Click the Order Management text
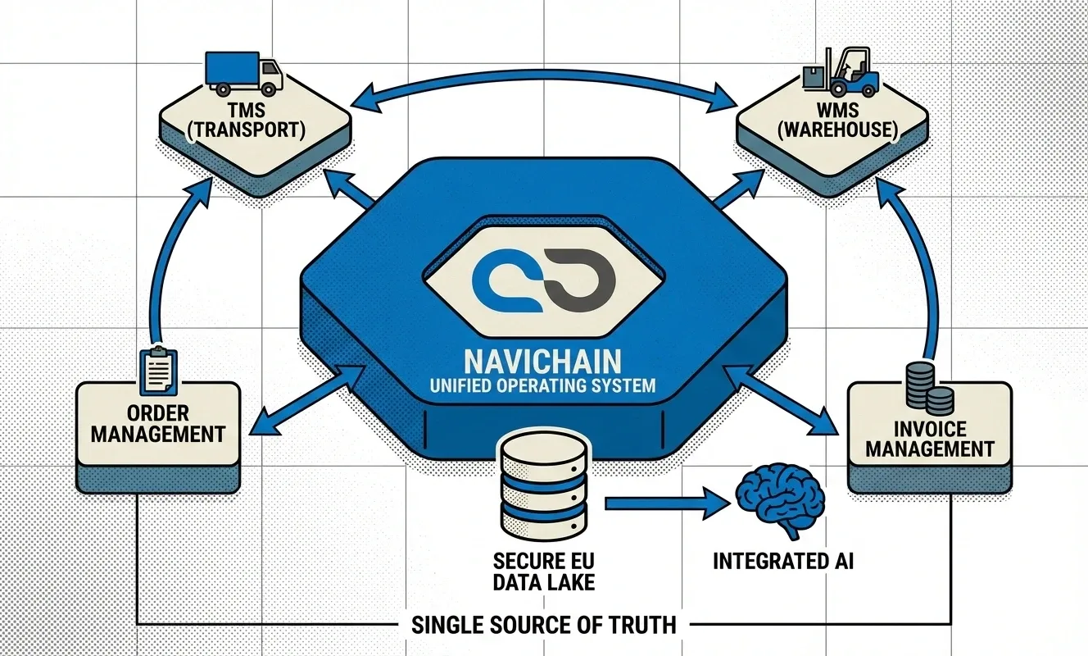point(158,421)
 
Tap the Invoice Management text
point(929,438)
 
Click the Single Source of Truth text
point(543,624)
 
